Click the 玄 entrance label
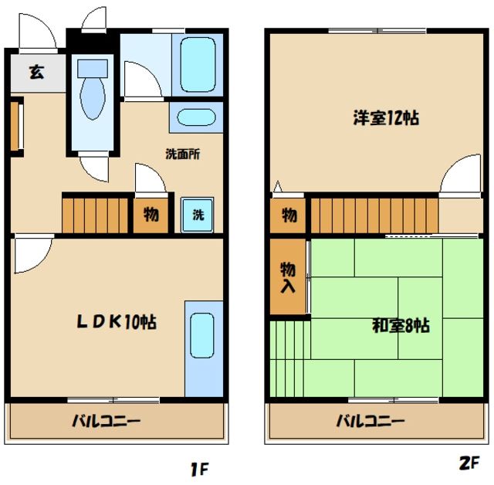[36, 73]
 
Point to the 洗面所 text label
[183, 153]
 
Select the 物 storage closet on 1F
[151, 215]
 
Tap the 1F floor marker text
[199, 467]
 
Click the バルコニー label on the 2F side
[369, 422]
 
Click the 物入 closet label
[288, 277]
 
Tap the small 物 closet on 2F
[289, 215]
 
